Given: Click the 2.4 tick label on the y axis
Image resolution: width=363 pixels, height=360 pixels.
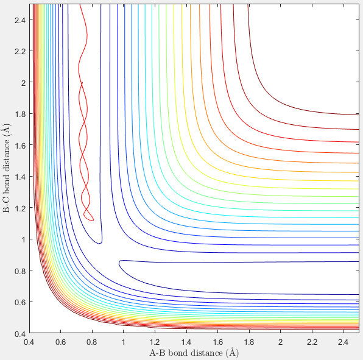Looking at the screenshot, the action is pos(20,20).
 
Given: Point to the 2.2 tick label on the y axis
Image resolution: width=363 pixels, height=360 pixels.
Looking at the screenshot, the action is pos(20,51).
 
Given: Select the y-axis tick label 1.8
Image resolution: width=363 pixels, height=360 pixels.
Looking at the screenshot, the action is pos(20,114).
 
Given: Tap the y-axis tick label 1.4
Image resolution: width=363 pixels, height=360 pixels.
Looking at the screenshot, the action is pos(20,177).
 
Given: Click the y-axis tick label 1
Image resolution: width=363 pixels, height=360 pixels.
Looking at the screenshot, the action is pos(23,239).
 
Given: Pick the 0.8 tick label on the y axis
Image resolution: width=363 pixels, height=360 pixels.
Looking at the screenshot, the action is pos(20,271).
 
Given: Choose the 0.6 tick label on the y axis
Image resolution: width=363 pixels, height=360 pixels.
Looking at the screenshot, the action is pos(20,302).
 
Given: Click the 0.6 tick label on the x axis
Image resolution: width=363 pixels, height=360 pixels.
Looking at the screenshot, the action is pos(61,342).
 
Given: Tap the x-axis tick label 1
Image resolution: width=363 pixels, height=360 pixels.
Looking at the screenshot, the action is pos(124,342).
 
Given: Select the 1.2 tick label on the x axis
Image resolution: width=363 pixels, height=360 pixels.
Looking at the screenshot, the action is pos(155,342).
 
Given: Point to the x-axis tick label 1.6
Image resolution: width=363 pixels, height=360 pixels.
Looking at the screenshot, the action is pos(217,342).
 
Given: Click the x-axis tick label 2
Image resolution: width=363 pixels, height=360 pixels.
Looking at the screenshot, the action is pos(280,342).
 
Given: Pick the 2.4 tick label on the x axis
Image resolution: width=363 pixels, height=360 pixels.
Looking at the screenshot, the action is pos(343,342).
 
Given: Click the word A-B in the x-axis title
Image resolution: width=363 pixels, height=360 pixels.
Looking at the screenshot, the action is pos(157,353).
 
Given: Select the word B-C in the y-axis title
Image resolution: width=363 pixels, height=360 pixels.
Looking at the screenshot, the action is pos(7,205).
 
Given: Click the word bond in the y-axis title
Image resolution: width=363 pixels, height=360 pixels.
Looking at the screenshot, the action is pos(7,182).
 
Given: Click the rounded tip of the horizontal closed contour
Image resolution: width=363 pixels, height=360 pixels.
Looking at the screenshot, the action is pos(119,264).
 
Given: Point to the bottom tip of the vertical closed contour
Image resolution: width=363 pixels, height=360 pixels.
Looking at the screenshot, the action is pos(99,244).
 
